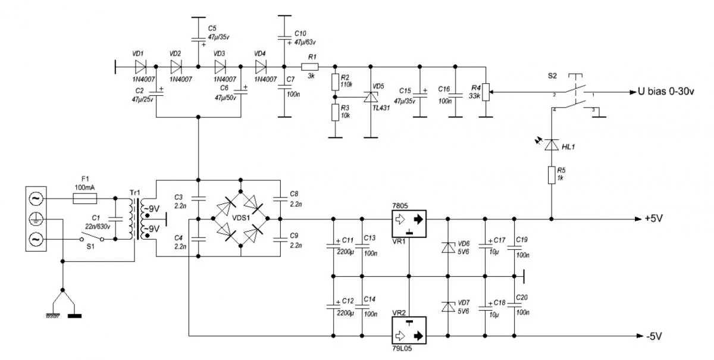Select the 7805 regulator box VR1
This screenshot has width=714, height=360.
point(409,219)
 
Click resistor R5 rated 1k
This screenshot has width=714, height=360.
point(552,177)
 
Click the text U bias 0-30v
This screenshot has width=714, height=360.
point(669,93)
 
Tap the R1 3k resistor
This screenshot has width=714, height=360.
point(310,66)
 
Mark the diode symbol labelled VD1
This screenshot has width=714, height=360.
point(140,66)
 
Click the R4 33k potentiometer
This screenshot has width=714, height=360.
point(487,93)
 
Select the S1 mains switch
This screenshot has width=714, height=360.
point(92,239)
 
